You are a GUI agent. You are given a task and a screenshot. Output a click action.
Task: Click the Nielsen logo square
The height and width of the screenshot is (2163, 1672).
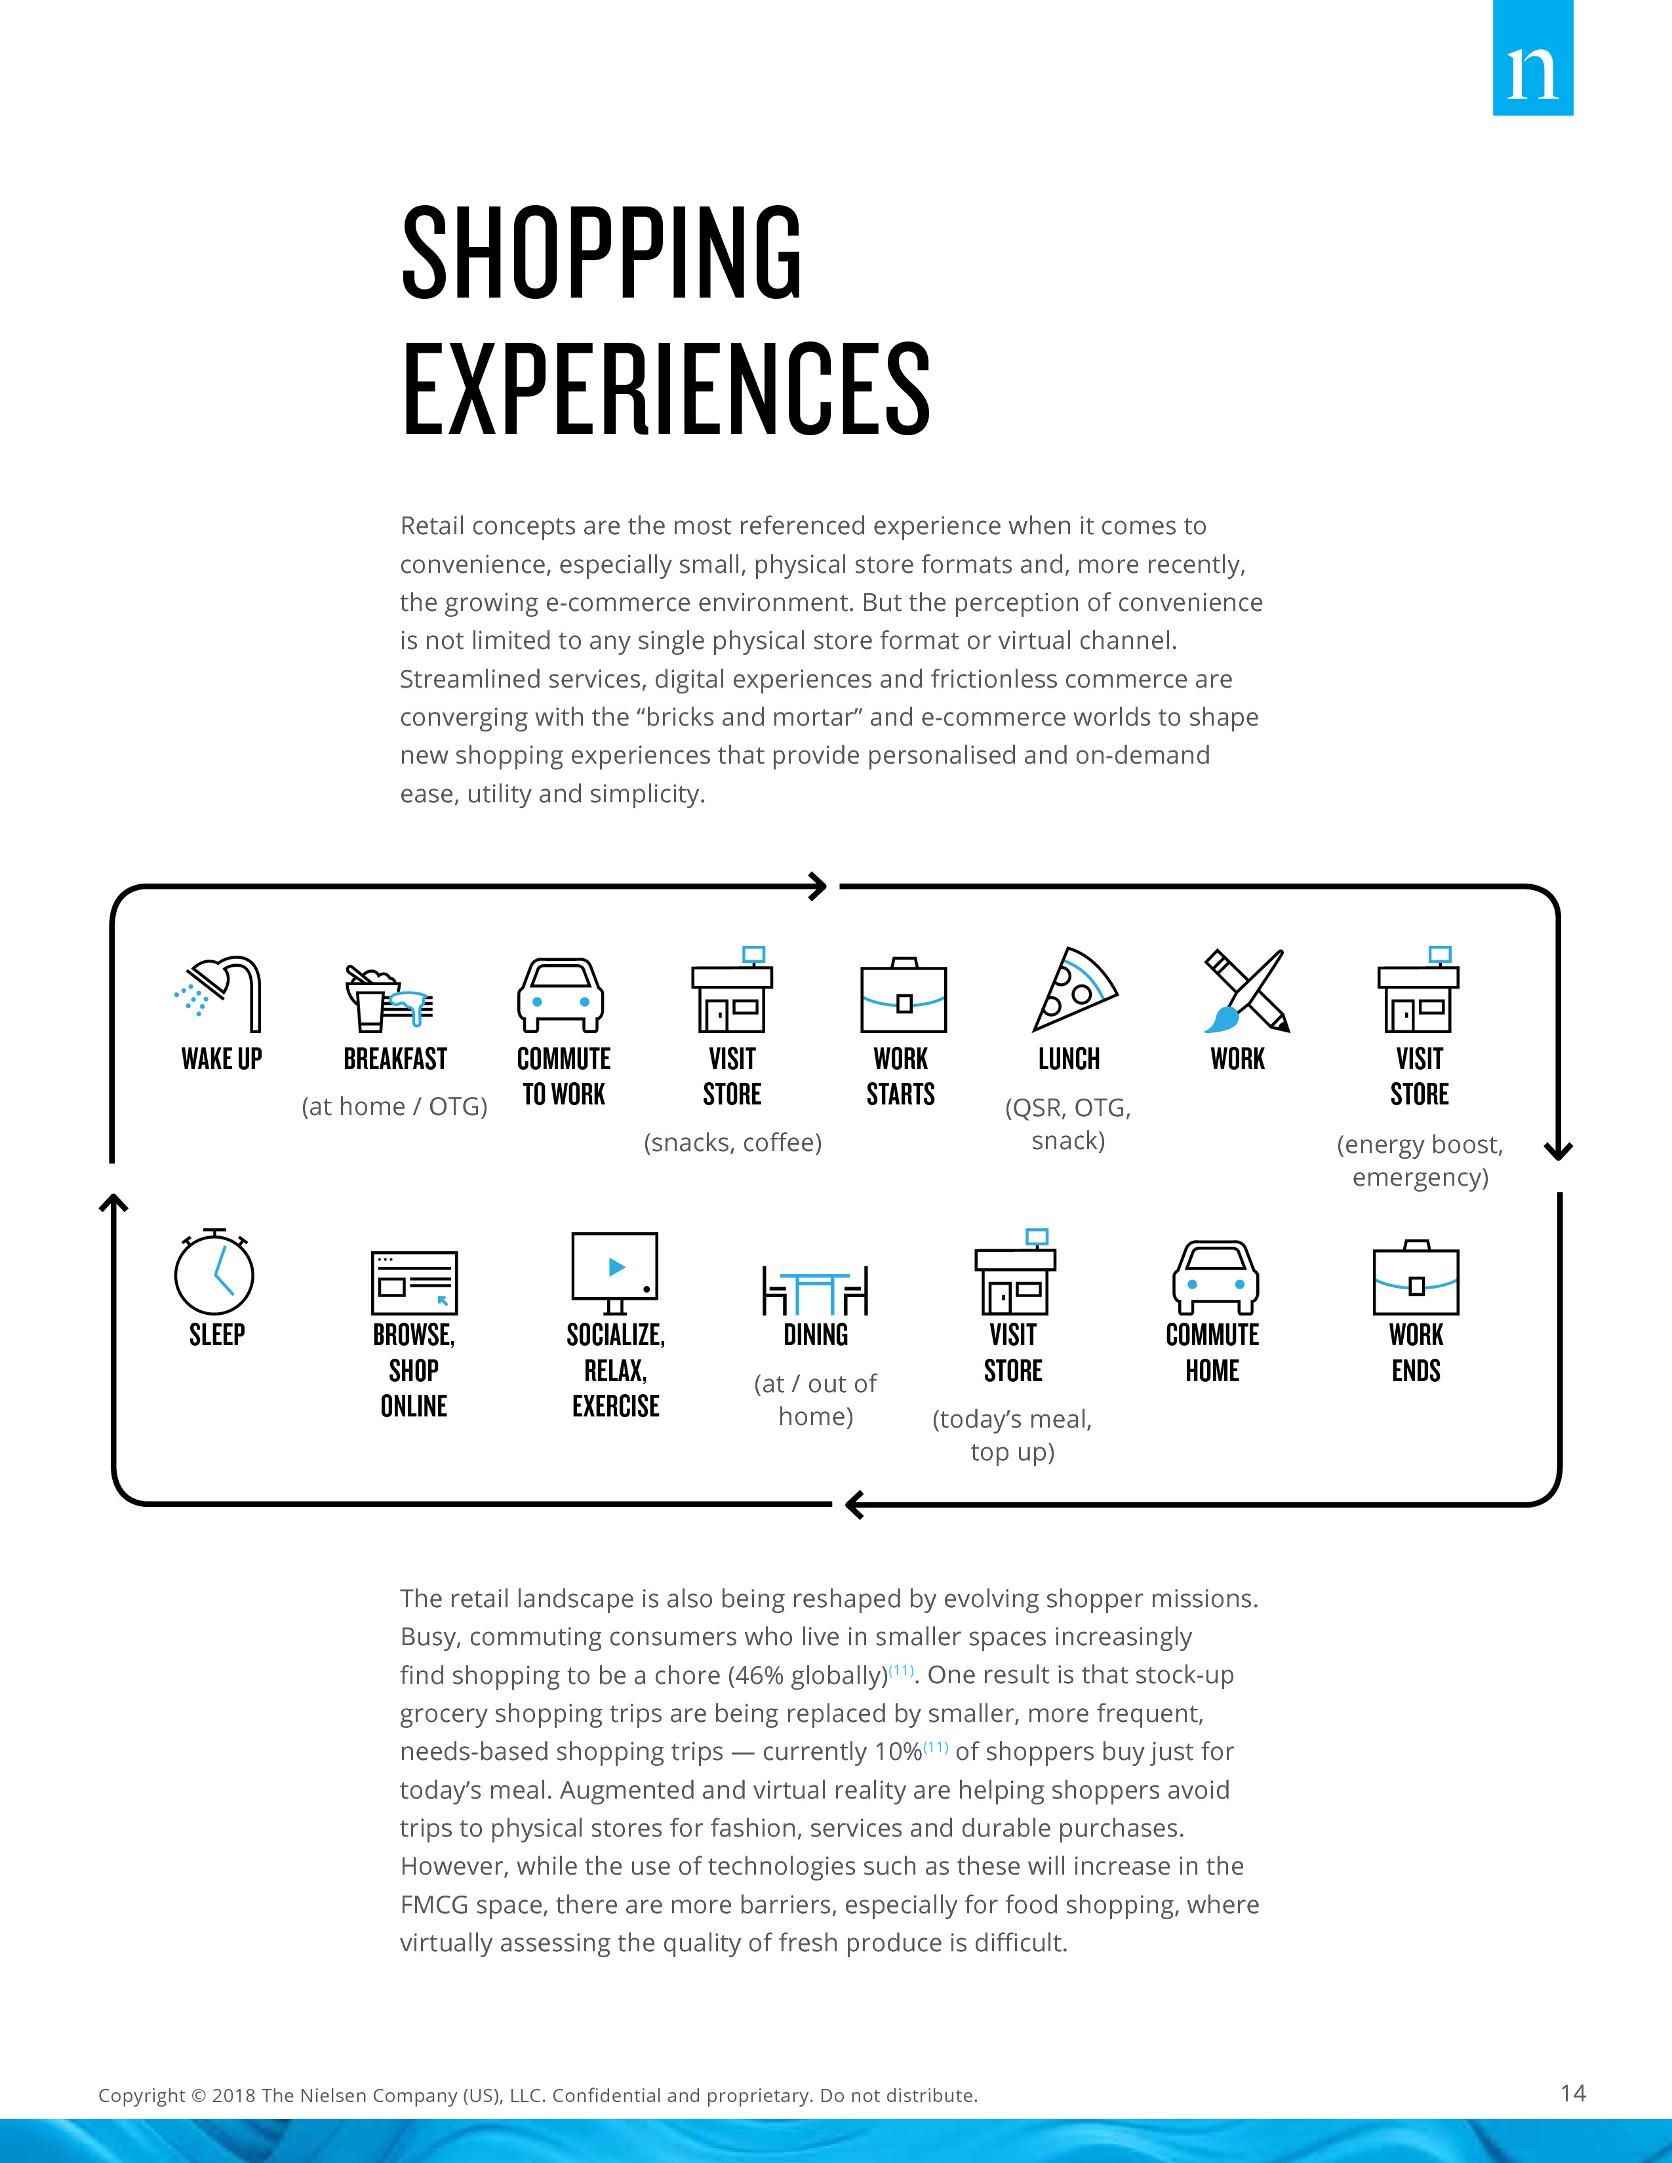point(1532,58)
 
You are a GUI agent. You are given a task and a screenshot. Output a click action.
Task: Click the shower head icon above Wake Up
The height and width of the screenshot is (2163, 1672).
point(218,994)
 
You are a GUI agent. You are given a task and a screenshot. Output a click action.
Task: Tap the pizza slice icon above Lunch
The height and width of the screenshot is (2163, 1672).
point(1075,989)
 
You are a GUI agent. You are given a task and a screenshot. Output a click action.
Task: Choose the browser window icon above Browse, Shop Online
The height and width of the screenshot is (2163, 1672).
point(414,1283)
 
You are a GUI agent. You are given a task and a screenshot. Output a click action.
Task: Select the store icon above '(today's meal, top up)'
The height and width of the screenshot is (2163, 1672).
point(1015,1273)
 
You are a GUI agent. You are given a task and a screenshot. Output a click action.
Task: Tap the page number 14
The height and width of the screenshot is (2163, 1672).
point(1573,2093)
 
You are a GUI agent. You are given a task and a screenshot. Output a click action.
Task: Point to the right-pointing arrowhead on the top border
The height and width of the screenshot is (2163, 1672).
point(817,886)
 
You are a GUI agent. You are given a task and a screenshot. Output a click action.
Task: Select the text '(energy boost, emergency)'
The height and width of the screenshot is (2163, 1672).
point(1420,1161)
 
